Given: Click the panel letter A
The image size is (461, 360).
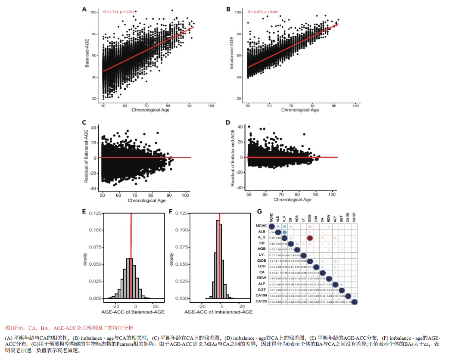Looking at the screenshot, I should pyautogui.click(x=84, y=8).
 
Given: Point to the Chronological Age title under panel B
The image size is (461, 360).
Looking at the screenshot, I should pyautogui.click(x=300, y=110).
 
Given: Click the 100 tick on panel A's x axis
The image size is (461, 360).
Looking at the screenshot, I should pyautogui.click(x=211, y=106).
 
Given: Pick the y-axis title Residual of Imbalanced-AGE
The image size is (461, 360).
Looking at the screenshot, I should pyautogui.click(x=233, y=158).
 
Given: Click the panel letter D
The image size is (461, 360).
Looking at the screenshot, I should pyautogui.click(x=228, y=122).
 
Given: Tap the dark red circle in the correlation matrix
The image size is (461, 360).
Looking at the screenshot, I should pyautogui.click(x=310, y=238).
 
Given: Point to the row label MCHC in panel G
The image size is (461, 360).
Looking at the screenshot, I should pyautogui.click(x=261, y=226).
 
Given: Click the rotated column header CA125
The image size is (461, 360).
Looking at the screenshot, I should pyautogui.click(x=354, y=217).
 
